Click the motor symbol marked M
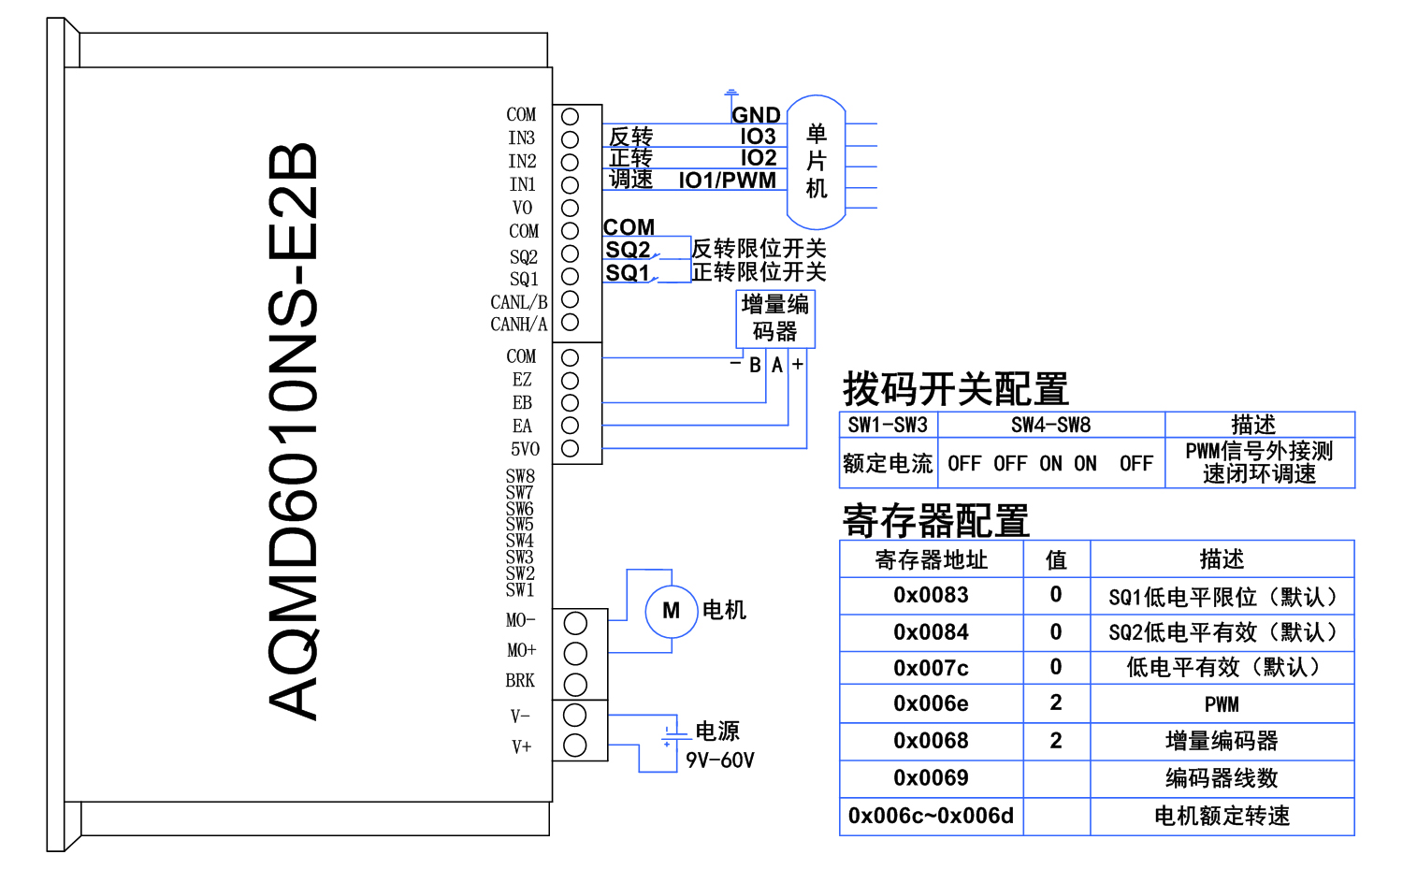pos(672,611)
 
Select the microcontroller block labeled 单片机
pos(816,162)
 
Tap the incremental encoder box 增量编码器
pos(775,318)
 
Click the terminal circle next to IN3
pos(570,139)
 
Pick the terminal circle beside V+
pos(575,746)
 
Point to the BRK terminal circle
pos(575,683)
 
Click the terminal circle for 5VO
pos(570,449)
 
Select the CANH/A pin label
pos(518,325)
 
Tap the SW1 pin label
pos(520,590)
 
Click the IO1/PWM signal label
pos(727,181)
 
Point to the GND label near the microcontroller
pos(756,115)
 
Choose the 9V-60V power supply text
pos(719,760)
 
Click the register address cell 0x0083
pos(931,596)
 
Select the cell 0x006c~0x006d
pos(931,816)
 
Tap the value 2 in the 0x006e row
pos(1056,703)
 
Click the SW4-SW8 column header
pos(1050,425)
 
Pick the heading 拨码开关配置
pos(955,388)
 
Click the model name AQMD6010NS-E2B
pos(293,431)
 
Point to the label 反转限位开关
pos(759,249)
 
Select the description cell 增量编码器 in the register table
pos(1222,741)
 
